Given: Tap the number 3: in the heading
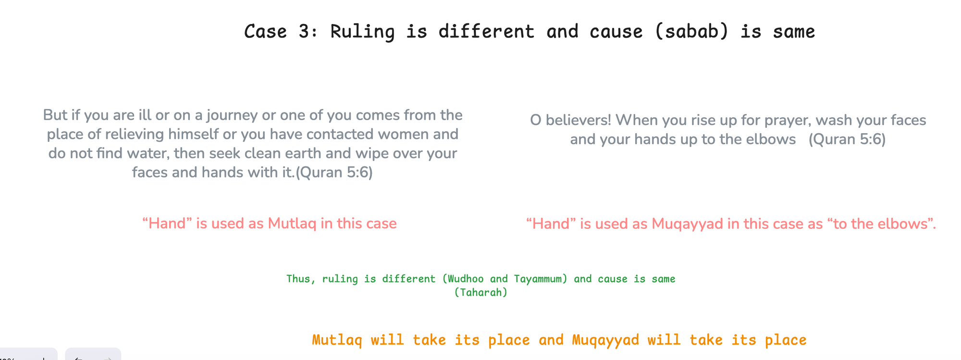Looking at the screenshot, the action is click(308, 32).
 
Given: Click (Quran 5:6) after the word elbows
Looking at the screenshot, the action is click(847, 139).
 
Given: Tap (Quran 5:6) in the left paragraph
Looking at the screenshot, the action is click(334, 172).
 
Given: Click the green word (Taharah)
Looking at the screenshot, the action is click(480, 292).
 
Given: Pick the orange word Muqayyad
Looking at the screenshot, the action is click(605, 340).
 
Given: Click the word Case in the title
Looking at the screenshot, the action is click(265, 32).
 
